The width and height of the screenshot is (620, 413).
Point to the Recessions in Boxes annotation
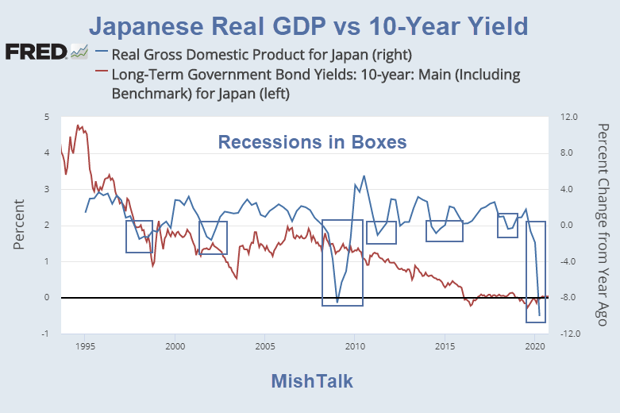[312, 142]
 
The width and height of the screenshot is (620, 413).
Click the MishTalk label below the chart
[312, 381]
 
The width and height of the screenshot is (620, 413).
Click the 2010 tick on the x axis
[355, 346]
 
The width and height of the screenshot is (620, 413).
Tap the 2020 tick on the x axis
[534, 346]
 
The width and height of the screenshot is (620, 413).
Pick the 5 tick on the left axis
[47, 118]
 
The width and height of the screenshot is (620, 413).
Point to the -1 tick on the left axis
[45, 334]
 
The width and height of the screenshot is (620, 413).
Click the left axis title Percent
[19, 226]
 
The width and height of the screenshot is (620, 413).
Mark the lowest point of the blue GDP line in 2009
[337, 302]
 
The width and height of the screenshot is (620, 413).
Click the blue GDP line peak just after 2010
[364, 176]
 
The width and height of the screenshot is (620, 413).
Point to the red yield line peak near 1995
[78, 125]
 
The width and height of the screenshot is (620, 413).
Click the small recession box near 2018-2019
[507, 226]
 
